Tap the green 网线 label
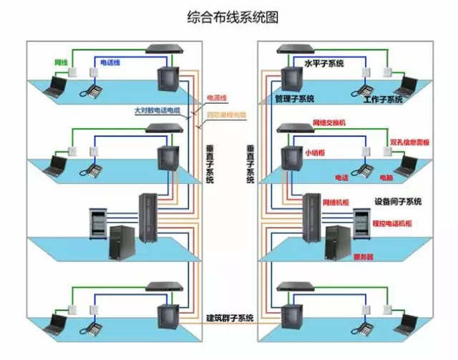tap(61, 62)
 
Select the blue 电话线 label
tap(109, 62)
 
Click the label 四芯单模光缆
tap(225, 114)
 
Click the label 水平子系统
tap(324, 64)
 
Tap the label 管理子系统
tap(294, 98)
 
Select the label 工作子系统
tap(383, 99)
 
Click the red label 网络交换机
tap(328, 123)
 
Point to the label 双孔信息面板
tap(410, 142)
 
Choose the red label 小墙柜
tap(314, 153)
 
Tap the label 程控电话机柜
tap(392, 224)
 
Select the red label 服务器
tap(364, 256)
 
